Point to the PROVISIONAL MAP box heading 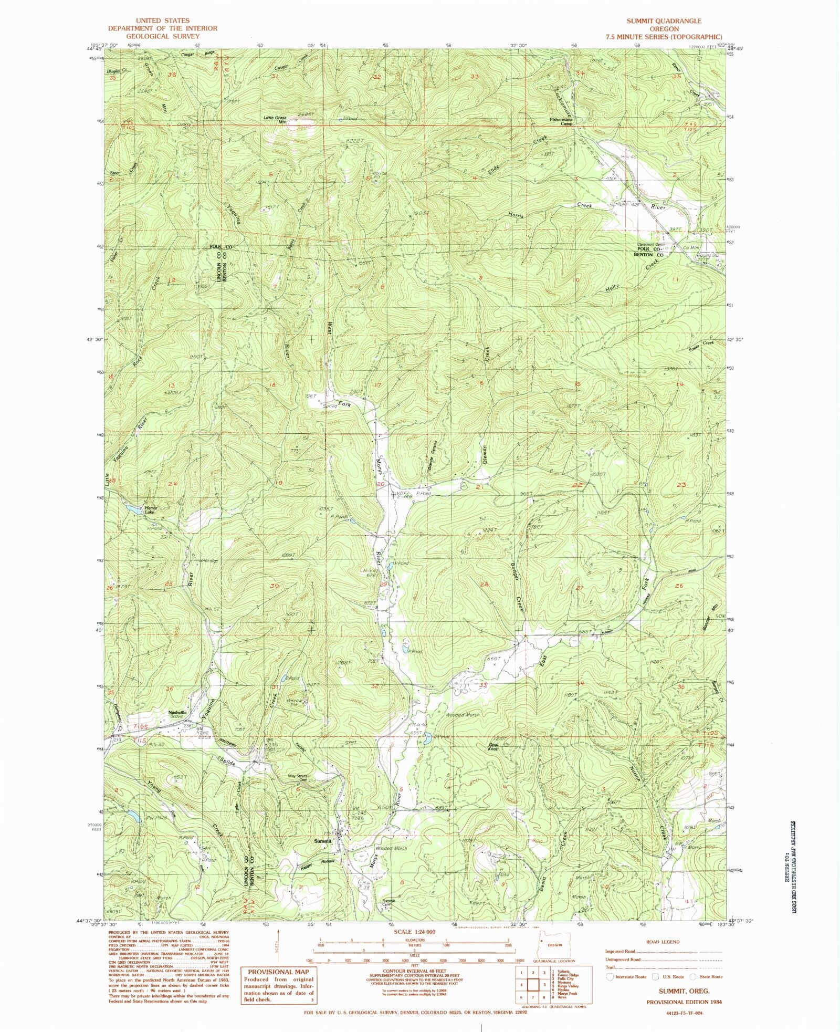tap(277, 972)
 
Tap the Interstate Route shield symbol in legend tap(610, 977)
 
